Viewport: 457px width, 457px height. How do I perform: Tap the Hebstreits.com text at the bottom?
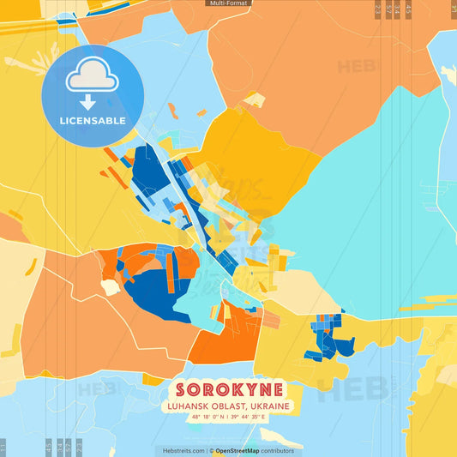coord(181,450)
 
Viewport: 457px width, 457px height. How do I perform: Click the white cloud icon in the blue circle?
coord(92,79)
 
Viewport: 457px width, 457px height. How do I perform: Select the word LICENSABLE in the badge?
coord(92,120)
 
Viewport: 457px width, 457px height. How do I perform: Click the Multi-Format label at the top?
coord(227,3)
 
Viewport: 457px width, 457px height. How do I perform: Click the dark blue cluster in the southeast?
coord(330,343)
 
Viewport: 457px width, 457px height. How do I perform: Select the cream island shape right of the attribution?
coord(316,441)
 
